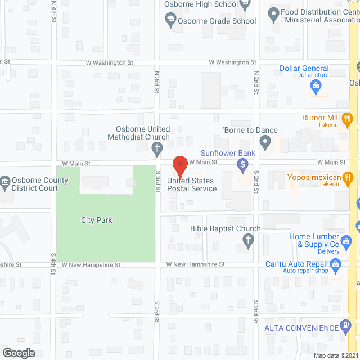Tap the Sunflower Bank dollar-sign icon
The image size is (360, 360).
tap(243, 165)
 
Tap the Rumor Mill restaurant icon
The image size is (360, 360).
tap(348, 118)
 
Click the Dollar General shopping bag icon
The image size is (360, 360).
tap(316, 86)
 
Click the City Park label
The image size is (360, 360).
tap(96, 220)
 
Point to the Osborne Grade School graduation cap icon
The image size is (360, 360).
tap(169, 21)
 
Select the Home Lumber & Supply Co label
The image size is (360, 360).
tap(314, 240)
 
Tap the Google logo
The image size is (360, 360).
tap(19, 353)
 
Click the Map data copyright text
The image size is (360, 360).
tap(335, 355)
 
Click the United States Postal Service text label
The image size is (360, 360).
tap(191, 184)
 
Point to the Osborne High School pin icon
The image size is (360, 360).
tap(245, 5)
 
